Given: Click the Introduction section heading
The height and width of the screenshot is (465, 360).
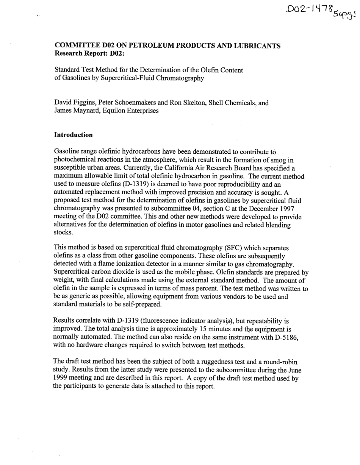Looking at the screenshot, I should coord(73,135).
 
